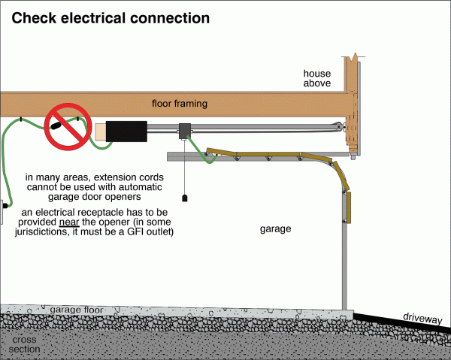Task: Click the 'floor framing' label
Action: (x=180, y=103)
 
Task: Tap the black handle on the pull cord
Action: (x=184, y=198)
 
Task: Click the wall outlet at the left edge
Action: (x=3, y=204)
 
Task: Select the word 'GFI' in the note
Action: (x=126, y=232)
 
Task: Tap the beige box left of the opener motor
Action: (x=100, y=132)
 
